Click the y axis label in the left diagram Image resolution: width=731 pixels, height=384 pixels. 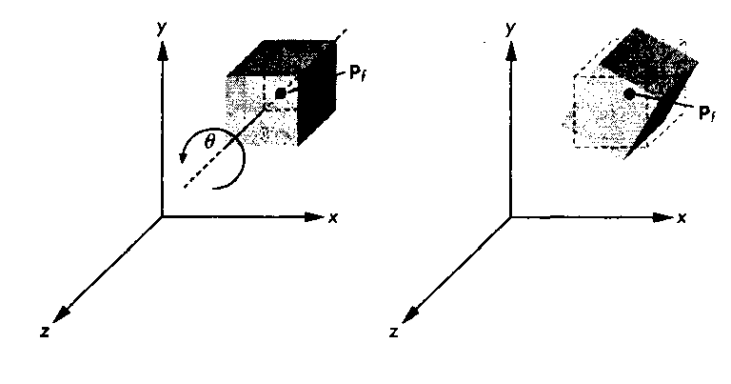[162, 29]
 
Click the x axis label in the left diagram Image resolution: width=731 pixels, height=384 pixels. [333, 217]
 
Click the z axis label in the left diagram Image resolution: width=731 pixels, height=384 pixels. [45, 332]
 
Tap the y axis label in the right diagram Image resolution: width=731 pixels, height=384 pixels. [510, 29]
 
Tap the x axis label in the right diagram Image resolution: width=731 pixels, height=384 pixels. [682, 218]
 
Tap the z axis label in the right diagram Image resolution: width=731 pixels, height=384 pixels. [394, 333]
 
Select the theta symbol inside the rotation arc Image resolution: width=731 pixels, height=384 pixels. [209, 142]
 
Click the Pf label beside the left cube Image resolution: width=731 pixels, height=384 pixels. [357, 73]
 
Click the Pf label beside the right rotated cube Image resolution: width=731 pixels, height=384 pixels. [707, 113]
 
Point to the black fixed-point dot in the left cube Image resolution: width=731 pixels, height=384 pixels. [280, 93]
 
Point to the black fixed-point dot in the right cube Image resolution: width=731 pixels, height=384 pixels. [629, 94]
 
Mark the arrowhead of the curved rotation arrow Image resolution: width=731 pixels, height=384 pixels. [183, 158]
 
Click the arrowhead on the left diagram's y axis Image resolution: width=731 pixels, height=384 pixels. [162, 51]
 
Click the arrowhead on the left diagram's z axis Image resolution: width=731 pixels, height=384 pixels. [61, 315]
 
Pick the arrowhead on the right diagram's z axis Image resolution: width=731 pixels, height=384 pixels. [410, 315]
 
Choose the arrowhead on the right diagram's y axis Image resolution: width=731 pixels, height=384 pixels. [511, 51]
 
